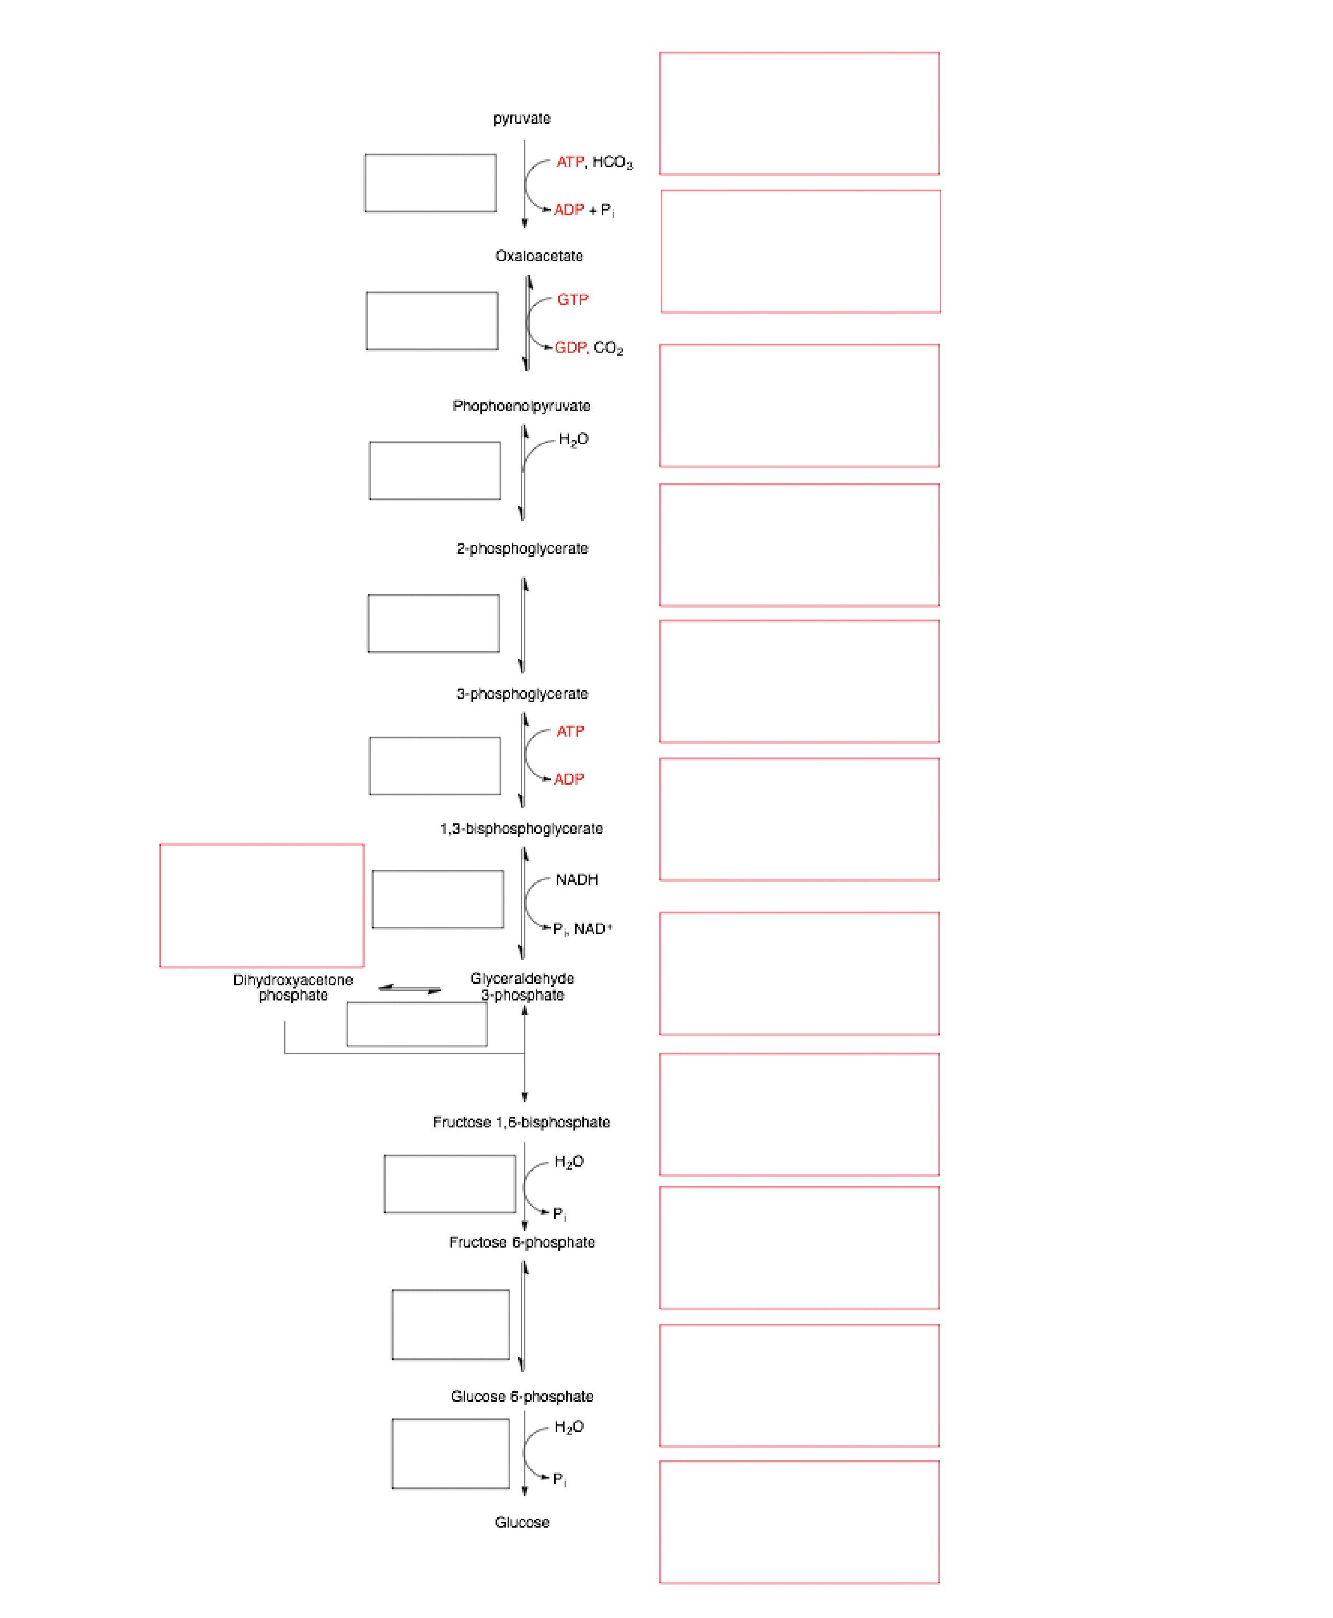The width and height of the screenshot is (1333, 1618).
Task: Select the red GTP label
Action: tap(573, 300)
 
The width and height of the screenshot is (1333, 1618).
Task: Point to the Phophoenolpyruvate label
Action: tap(521, 406)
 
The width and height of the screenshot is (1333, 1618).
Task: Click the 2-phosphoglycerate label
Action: tap(522, 549)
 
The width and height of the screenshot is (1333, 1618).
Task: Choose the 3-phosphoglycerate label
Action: tap(522, 694)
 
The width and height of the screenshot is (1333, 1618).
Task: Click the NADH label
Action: tap(577, 880)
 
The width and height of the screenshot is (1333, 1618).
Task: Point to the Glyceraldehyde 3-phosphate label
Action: tap(522, 987)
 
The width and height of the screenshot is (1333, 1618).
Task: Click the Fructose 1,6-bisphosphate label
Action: tap(521, 1122)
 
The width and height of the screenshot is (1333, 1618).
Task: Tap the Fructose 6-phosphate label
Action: tap(522, 1242)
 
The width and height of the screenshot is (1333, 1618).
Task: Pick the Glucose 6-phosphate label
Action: tap(522, 1396)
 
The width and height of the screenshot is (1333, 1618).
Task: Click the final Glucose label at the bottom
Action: tap(522, 1522)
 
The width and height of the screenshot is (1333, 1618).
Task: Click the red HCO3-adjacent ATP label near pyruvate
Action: tap(570, 162)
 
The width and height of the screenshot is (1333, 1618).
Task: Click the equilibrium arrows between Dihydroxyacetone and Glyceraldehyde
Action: tap(410, 988)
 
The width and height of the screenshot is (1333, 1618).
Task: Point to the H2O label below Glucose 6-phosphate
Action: tap(569, 1427)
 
